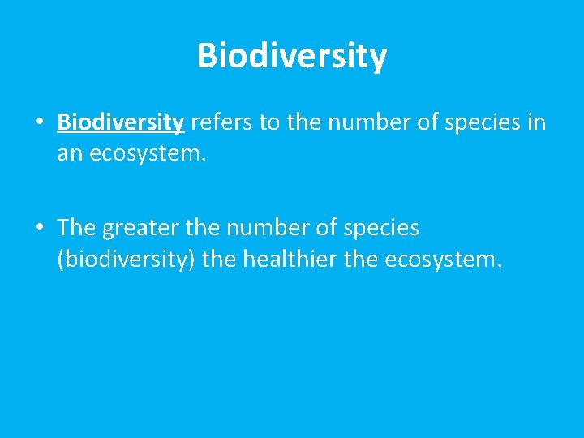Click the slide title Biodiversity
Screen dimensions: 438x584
tap(292, 57)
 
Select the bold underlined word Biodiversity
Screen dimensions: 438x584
tap(121, 123)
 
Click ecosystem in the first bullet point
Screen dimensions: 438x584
tap(147, 152)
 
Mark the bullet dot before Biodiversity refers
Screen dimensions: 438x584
tap(39, 123)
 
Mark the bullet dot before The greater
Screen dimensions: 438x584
tap(39, 229)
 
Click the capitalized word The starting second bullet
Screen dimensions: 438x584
tap(76, 229)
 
